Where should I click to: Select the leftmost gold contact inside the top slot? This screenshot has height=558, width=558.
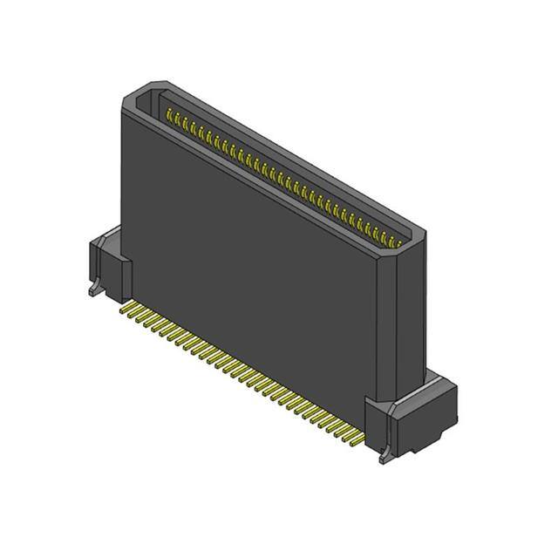click(168, 114)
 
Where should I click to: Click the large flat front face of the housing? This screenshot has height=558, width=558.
click(244, 262)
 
